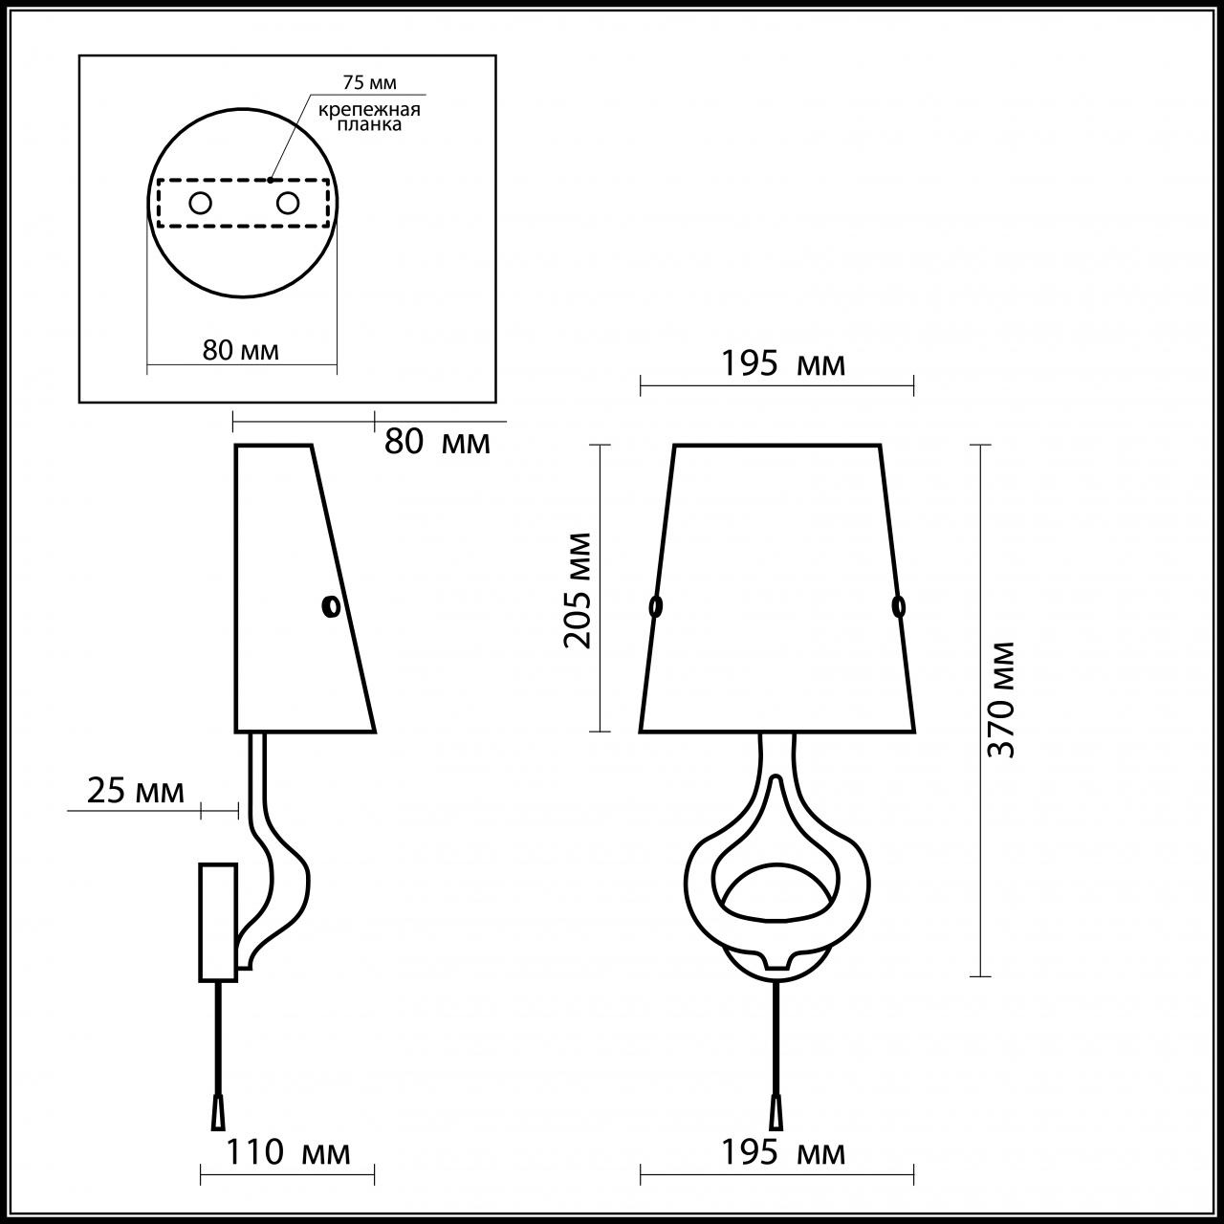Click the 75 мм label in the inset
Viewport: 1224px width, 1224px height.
[369, 83]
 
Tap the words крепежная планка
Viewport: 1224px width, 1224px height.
[369, 117]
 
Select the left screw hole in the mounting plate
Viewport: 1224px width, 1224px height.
[200, 203]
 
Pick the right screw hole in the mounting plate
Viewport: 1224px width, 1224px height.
[287, 203]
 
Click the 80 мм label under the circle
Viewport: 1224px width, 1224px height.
[241, 350]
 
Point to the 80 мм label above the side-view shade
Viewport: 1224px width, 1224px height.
[437, 442]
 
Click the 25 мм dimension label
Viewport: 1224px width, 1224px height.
[135, 792]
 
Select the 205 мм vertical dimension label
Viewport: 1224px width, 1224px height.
[578, 589]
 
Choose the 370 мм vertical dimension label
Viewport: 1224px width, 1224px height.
[1000, 699]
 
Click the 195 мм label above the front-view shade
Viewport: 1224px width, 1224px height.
[782, 364]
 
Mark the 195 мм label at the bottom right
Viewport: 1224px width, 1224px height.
[782, 1152]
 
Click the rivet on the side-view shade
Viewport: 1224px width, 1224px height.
[331, 606]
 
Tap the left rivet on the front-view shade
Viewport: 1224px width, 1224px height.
[656, 605]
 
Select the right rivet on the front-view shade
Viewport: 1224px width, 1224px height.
[898, 605]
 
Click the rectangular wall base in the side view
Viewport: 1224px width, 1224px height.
[217, 922]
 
